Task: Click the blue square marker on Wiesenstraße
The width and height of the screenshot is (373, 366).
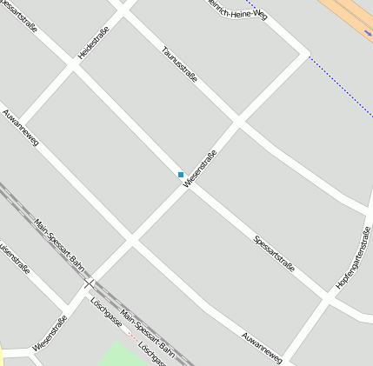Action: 181,175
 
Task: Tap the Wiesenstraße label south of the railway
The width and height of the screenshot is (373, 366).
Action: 50,335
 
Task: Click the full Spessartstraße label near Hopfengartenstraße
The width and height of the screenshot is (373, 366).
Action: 274,252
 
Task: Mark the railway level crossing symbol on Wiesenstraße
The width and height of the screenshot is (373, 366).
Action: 89,283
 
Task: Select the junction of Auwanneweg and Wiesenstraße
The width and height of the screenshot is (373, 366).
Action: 130,239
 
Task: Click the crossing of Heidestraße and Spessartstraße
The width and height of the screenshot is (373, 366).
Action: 71,66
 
